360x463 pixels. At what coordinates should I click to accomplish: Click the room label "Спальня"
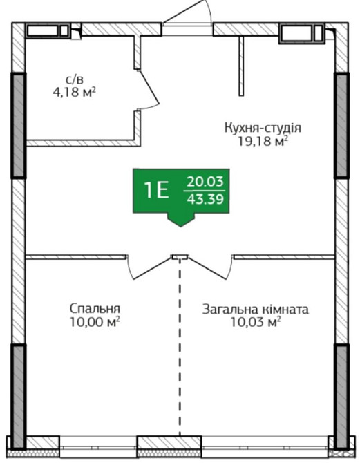coord(95,308)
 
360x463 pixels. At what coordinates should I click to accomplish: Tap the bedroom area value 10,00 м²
coord(95,321)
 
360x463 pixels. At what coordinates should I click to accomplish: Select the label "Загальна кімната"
coord(255,309)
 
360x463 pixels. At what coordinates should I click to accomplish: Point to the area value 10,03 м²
coord(255,322)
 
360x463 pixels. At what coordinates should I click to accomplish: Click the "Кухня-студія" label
coord(263,129)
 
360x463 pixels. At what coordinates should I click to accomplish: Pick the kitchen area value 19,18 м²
coord(262,142)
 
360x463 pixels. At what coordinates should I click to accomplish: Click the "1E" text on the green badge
coord(156,190)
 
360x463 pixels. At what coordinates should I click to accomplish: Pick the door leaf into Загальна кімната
coord(208,268)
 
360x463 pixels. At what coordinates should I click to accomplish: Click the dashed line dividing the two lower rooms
coord(180,346)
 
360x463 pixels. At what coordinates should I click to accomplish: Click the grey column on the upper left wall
coord(19,124)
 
